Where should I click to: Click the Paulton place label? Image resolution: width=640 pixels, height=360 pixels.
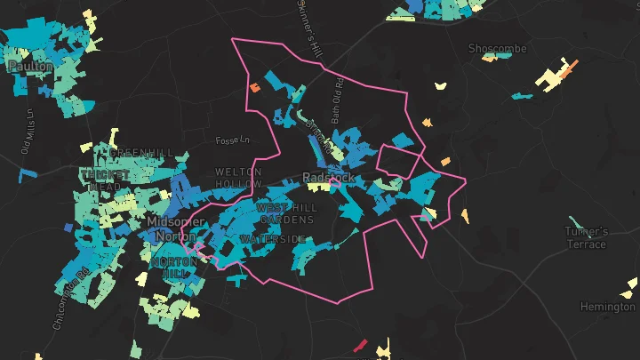click(x=29, y=67)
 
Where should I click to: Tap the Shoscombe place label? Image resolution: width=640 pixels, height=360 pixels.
click(x=498, y=48)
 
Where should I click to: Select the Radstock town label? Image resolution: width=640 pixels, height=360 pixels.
click(x=328, y=178)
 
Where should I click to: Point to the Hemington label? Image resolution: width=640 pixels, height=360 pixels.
click(x=607, y=307)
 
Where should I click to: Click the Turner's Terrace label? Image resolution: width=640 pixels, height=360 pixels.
click(x=587, y=238)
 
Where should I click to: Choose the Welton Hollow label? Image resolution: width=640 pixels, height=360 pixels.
click(x=238, y=178)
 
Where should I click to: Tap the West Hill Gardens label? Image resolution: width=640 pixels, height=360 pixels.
click(x=285, y=213)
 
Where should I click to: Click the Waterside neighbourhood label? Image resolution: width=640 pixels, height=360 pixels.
click(x=272, y=240)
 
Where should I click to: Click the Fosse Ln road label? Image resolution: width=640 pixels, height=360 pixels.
click(x=233, y=140)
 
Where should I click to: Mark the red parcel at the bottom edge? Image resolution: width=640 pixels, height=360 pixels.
click(x=361, y=344)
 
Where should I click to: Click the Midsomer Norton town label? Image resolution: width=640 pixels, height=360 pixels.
click(x=175, y=229)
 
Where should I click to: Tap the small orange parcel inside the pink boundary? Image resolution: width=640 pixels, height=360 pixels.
click(x=254, y=88)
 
